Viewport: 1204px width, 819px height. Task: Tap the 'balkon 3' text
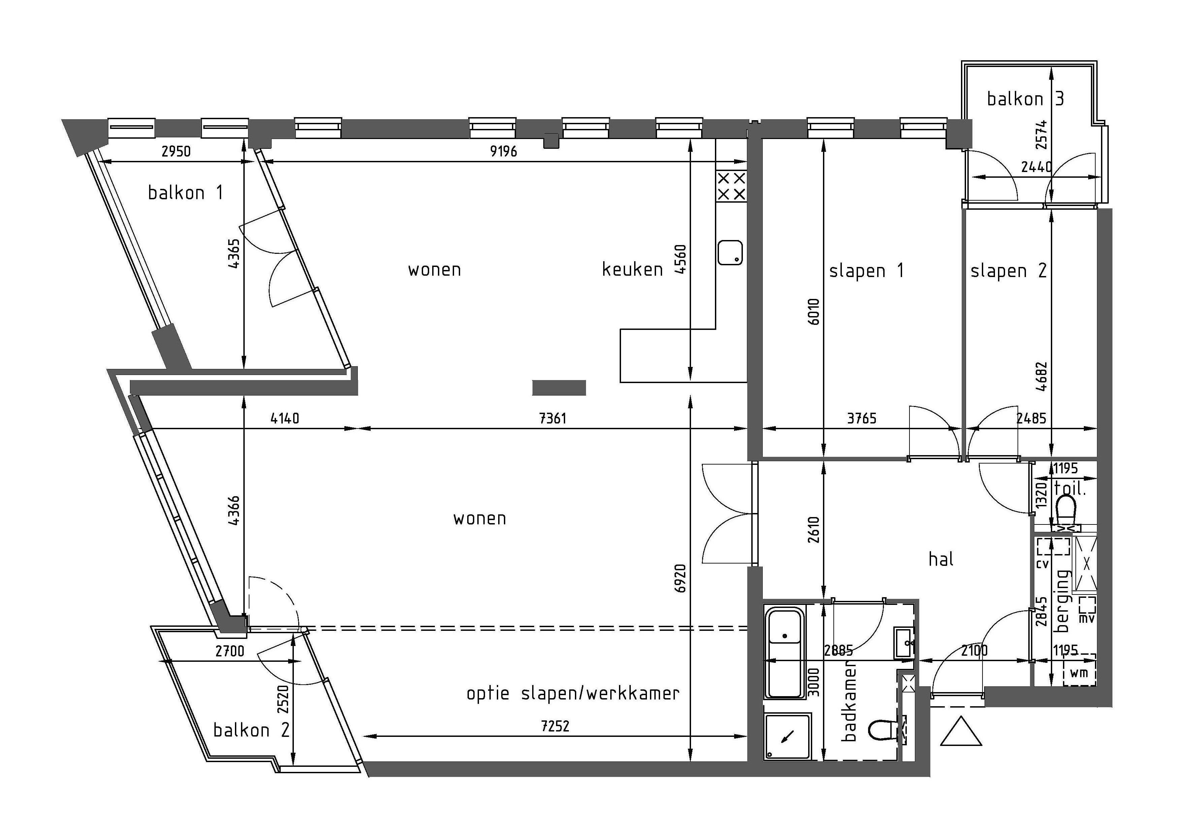(x=1025, y=98)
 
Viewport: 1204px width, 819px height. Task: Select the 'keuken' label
(x=632, y=269)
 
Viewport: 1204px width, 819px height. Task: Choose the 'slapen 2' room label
(x=1008, y=271)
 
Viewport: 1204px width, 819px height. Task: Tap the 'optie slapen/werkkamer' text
(x=573, y=693)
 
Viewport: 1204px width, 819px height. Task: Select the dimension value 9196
(x=504, y=151)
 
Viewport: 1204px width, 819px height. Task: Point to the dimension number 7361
(x=553, y=418)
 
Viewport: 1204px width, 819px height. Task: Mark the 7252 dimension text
(x=555, y=726)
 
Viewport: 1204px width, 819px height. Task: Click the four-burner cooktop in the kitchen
(x=731, y=186)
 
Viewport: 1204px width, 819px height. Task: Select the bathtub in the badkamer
(x=785, y=653)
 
